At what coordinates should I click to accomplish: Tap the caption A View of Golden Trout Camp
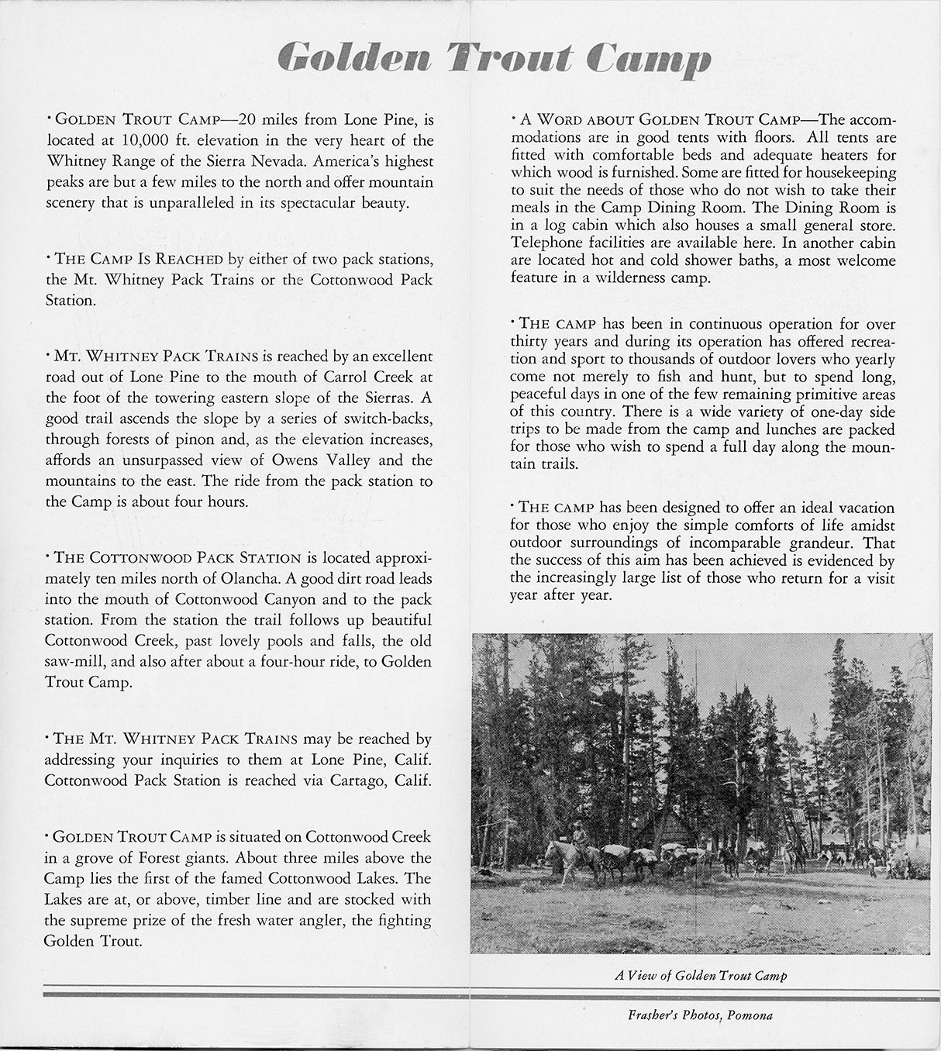(701, 975)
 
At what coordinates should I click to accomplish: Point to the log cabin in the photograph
(667, 829)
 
